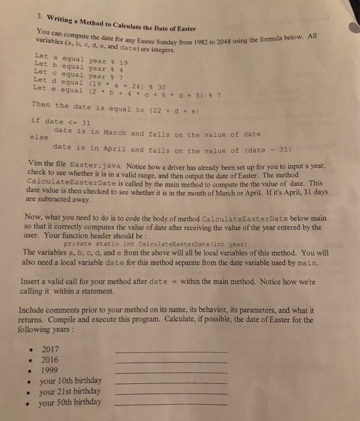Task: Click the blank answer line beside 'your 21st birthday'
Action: [170, 393]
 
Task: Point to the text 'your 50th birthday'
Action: [70, 402]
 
